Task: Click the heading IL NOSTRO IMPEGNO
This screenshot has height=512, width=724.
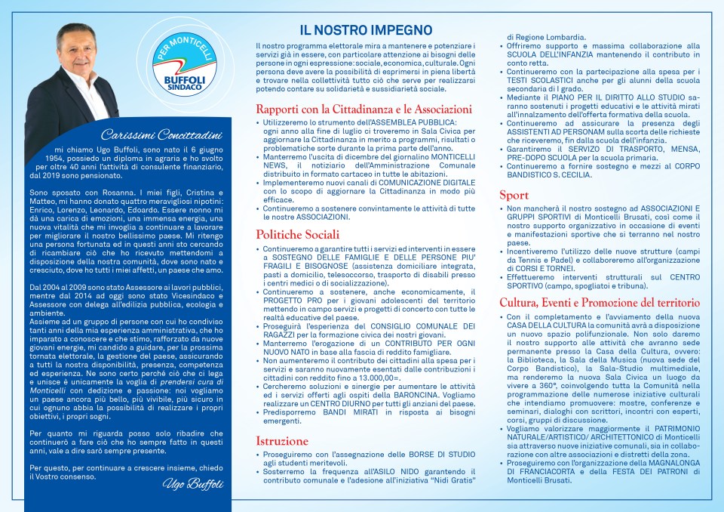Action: coord(366,31)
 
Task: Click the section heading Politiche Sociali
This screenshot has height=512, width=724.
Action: coord(297,234)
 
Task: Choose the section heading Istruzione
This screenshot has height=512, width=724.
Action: coord(282,440)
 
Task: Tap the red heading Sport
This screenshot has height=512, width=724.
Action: coord(514,195)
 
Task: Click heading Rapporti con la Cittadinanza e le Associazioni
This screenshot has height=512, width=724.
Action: coord(364,109)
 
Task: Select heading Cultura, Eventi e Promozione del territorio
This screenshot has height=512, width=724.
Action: coord(600,303)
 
